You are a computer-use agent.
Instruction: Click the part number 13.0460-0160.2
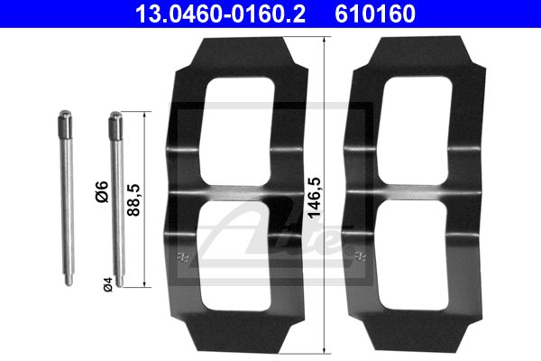point(220,14)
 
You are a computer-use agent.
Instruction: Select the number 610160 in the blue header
point(375,14)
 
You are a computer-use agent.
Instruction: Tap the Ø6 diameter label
point(102,191)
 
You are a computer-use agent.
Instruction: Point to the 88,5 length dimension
point(133,200)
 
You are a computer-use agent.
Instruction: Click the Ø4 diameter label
point(108,284)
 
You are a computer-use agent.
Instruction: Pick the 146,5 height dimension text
point(315,198)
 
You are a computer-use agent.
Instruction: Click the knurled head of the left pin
point(65,124)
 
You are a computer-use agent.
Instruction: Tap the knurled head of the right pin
point(115,125)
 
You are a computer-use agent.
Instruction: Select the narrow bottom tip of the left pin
point(69,280)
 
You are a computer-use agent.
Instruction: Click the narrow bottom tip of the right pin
point(119,281)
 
